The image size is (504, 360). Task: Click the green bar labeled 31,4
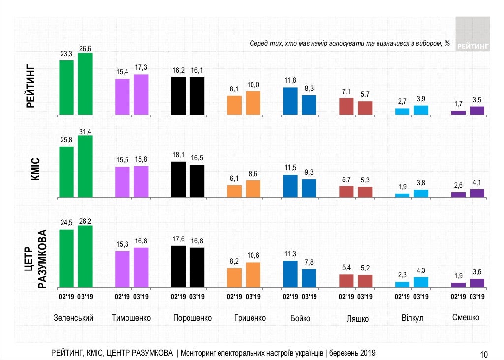click(85, 166)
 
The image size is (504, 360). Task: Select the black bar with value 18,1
click(178, 180)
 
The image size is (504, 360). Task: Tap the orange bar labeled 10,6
click(253, 274)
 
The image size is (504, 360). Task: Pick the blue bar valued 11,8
click(290, 101)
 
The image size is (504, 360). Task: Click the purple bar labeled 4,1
click(477, 193)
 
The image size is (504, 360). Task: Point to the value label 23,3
click(66, 54)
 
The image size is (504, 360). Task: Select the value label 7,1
click(346, 92)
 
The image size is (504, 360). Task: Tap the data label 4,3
click(421, 270)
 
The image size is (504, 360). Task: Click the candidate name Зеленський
click(73, 318)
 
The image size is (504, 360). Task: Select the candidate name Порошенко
click(192, 318)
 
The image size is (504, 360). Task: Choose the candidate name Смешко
click(466, 317)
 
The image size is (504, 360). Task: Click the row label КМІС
click(36, 168)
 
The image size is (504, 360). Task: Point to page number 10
click(484, 354)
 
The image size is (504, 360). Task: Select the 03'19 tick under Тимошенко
click(141, 297)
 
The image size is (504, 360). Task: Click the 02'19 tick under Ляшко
click(346, 297)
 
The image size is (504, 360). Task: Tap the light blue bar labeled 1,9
click(403, 195)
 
